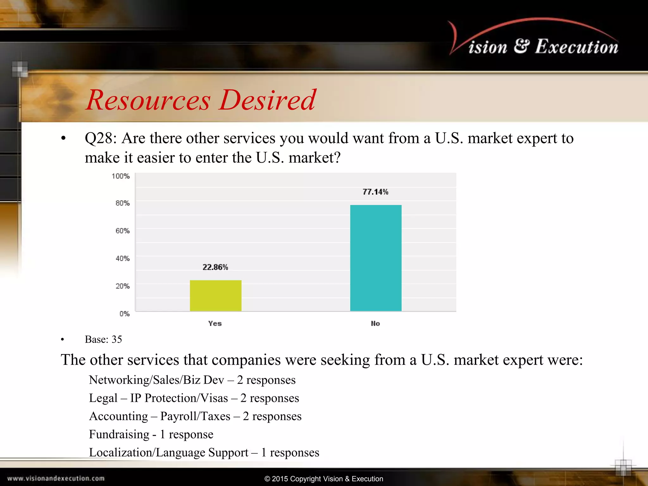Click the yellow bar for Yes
(x=215, y=296)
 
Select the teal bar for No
(x=376, y=258)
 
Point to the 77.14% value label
(x=375, y=192)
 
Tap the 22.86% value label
(x=215, y=267)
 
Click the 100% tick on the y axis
(x=121, y=176)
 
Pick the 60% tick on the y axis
(x=122, y=231)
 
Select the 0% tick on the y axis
(x=124, y=314)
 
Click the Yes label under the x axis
(x=215, y=323)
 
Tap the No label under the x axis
(x=375, y=323)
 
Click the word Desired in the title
(x=267, y=100)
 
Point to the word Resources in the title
(x=148, y=100)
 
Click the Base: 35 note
(x=103, y=339)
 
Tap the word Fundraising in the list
(x=119, y=434)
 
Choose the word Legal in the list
(x=103, y=398)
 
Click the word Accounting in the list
(x=118, y=416)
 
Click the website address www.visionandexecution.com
(x=56, y=478)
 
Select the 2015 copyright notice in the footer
(x=324, y=479)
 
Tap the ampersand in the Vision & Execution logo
(x=521, y=46)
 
